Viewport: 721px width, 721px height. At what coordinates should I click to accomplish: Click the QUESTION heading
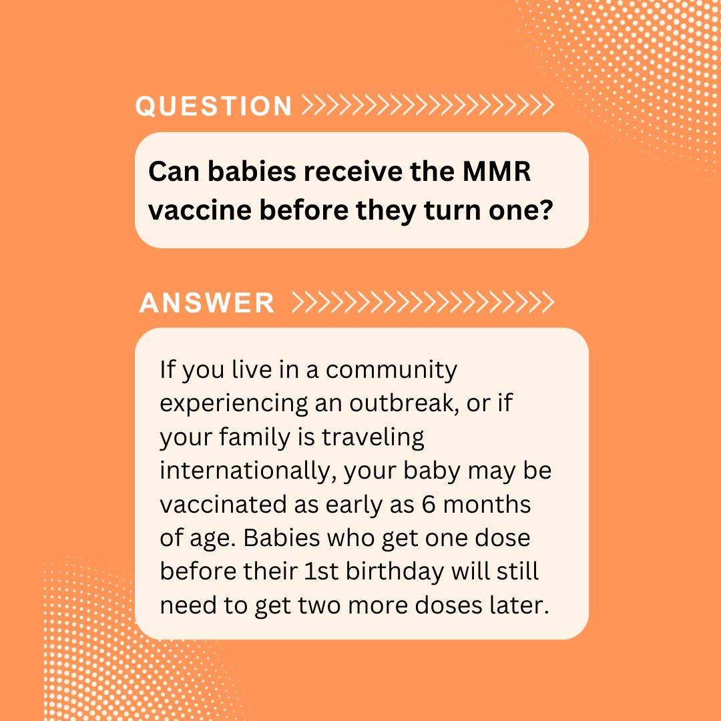tap(214, 105)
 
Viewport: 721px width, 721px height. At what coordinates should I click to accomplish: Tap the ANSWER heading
tap(207, 302)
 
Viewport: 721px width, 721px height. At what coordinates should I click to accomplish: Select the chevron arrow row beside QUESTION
tap(428, 105)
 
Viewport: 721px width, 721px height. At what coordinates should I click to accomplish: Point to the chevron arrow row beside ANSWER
tap(423, 302)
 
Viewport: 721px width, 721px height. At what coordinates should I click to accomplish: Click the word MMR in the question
tap(497, 172)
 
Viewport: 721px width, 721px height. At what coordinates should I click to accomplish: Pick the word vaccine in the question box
tap(200, 210)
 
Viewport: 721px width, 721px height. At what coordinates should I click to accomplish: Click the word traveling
tap(373, 438)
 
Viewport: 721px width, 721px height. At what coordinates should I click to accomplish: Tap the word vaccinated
tap(222, 505)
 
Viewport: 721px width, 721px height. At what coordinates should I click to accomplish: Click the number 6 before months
tap(429, 505)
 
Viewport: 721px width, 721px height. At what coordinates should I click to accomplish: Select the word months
tap(487, 505)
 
